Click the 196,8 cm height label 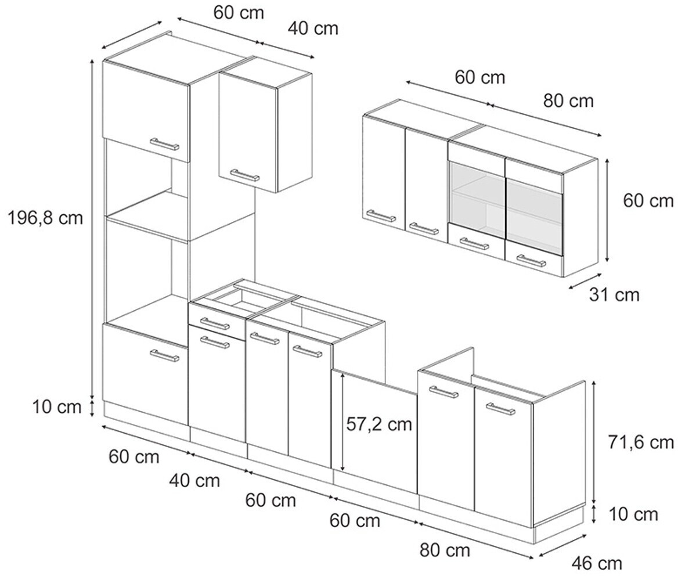[x=45, y=218]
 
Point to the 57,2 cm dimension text [x=379, y=424]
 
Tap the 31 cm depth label [x=614, y=295]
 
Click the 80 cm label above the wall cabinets [x=568, y=101]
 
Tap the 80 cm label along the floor [x=445, y=549]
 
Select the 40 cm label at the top [x=312, y=28]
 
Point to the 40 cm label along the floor [x=194, y=480]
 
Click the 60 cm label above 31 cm [x=648, y=201]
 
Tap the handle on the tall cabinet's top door [x=165, y=144]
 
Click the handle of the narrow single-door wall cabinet [x=245, y=175]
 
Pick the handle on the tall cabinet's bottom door [x=165, y=355]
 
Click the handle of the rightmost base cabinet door [x=500, y=409]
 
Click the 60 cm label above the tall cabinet [x=239, y=13]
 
